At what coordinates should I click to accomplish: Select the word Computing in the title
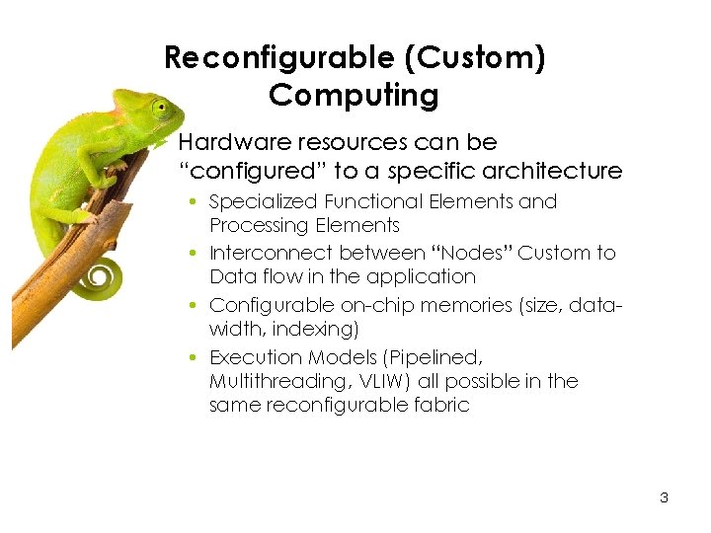(354, 96)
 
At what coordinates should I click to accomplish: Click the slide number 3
(664, 497)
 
